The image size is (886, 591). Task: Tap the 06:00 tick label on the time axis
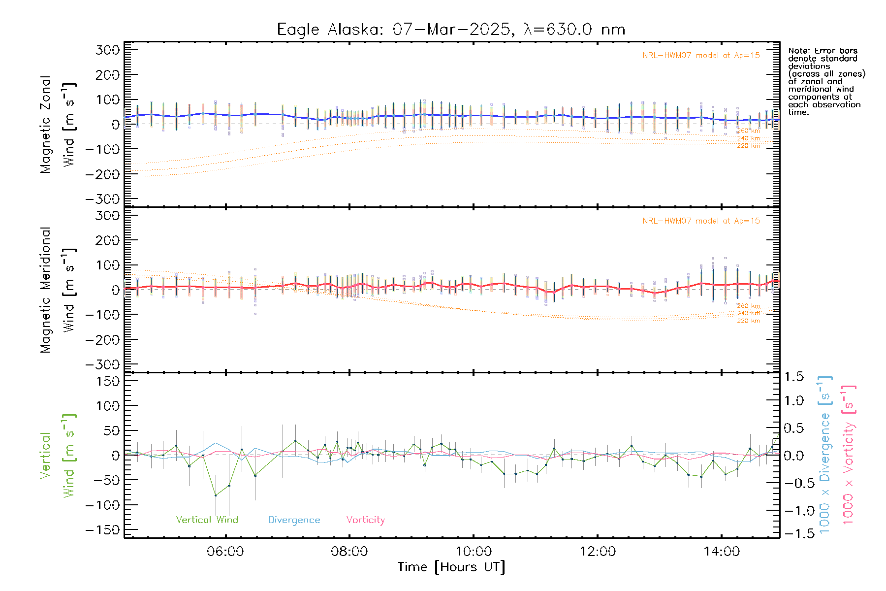pyautogui.click(x=225, y=552)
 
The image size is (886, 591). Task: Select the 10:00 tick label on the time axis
pyautogui.click(x=474, y=552)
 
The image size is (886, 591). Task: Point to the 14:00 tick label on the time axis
pyautogui.click(x=722, y=552)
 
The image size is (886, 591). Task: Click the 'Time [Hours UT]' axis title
pyautogui.click(x=451, y=567)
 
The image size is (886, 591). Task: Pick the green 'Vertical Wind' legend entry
pyautogui.click(x=207, y=520)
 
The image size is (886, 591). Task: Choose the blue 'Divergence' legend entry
pyautogui.click(x=294, y=520)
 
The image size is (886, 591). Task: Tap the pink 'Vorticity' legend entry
pyautogui.click(x=365, y=520)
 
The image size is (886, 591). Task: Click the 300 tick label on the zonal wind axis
pyautogui.click(x=107, y=50)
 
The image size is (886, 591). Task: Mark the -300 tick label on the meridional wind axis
pyautogui.click(x=103, y=364)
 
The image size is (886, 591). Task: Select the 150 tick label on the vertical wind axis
pyautogui.click(x=107, y=381)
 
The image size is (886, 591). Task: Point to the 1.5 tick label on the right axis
pyautogui.click(x=794, y=377)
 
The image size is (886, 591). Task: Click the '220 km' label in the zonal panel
pyautogui.click(x=748, y=146)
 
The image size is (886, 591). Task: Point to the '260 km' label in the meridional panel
pyautogui.click(x=748, y=306)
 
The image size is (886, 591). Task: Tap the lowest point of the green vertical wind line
pyautogui.click(x=216, y=495)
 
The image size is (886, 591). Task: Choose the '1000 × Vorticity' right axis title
pyautogui.click(x=849, y=455)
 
